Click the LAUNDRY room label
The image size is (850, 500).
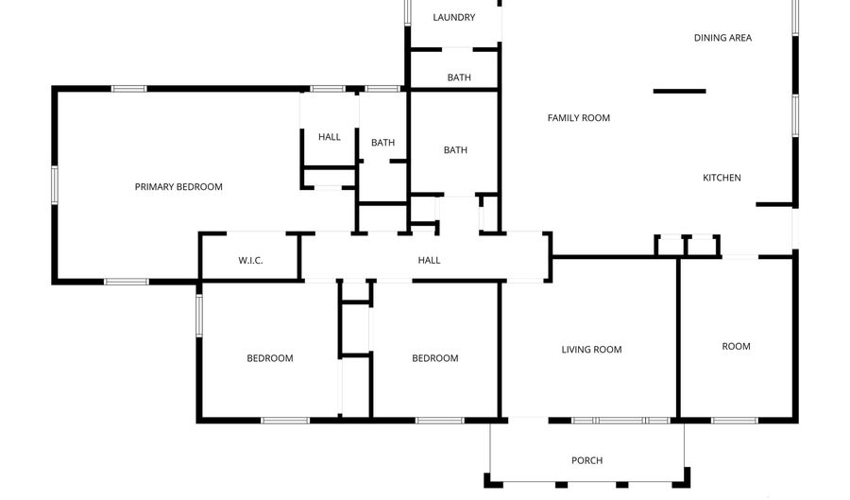point(453,17)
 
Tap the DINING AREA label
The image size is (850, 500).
point(722,38)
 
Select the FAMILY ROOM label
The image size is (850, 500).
point(578,118)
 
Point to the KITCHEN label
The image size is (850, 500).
point(722,178)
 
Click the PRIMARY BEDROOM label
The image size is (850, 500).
point(178,187)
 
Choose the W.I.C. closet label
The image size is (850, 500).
point(249,260)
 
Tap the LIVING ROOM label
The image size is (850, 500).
point(591,350)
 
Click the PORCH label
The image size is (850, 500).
point(586,460)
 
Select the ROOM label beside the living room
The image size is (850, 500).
point(736,346)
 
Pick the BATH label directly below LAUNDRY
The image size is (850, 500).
point(459,78)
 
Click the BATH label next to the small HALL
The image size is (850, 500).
point(382,143)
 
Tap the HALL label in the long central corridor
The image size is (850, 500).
point(429,260)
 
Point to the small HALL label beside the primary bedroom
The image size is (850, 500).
point(329,137)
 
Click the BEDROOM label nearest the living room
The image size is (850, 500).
point(434,358)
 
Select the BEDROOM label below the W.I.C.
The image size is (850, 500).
point(270,358)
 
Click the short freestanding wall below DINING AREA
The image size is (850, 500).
point(679,91)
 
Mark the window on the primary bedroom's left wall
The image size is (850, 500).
point(55,184)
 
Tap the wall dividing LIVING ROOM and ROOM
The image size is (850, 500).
point(677,337)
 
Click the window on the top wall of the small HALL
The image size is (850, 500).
point(328,89)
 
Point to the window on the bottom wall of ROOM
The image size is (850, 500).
point(735,420)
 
